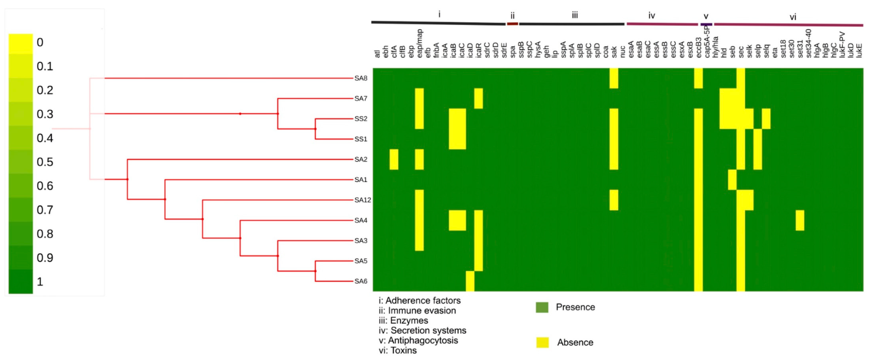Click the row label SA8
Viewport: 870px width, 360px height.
coord(361,78)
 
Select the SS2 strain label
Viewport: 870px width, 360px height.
coord(361,119)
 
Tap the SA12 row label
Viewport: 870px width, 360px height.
coord(362,200)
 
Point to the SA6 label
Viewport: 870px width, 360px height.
coord(361,281)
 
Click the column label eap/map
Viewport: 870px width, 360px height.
coord(419,43)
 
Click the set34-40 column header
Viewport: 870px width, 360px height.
coord(808,43)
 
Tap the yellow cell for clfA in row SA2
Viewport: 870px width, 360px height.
coord(394,159)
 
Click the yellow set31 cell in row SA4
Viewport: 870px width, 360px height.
coord(800,220)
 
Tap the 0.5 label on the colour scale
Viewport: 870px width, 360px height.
coord(45,162)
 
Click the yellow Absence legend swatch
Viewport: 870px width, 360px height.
coord(542,342)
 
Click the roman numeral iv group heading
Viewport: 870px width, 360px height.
coord(652,15)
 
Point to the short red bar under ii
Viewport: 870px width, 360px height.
coord(512,24)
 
